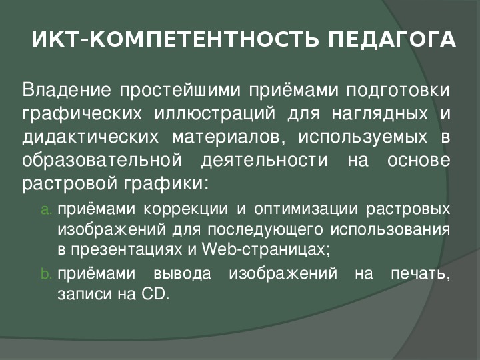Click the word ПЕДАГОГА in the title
click(392, 39)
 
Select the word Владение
click(67, 90)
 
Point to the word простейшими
click(180, 91)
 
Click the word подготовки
click(398, 91)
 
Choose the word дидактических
click(91, 137)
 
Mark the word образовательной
click(102, 160)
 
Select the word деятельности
click(265, 161)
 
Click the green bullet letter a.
click(46, 210)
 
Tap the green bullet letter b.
click(46, 273)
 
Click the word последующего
click(265, 230)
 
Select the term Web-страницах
click(266, 250)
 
